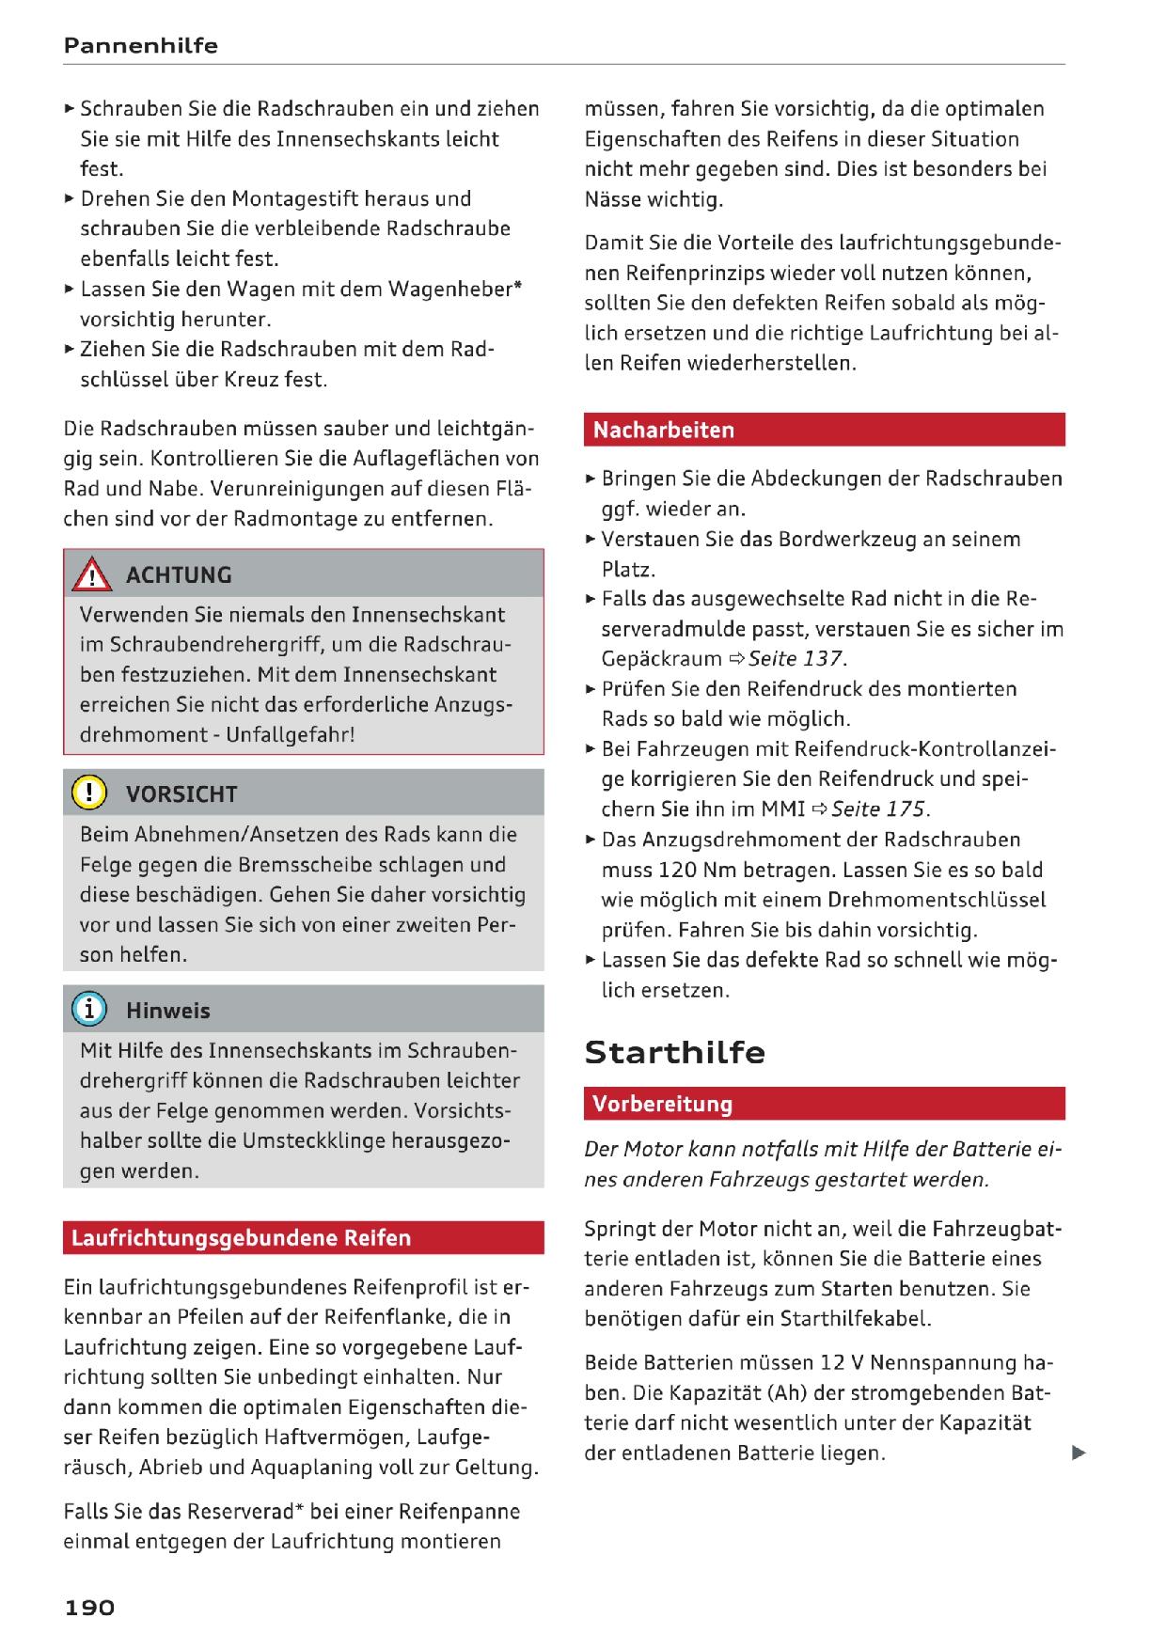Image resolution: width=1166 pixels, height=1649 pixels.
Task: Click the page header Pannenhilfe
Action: (x=141, y=45)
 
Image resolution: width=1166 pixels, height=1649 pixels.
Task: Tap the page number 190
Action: (x=89, y=1607)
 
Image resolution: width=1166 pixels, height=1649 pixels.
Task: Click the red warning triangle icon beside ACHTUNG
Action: (x=93, y=573)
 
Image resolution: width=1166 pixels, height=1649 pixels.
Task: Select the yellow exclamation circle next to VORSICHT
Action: (x=90, y=793)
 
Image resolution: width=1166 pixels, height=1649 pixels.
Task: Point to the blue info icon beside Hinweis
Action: (x=90, y=1010)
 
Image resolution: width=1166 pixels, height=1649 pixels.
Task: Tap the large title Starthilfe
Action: (x=675, y=1052)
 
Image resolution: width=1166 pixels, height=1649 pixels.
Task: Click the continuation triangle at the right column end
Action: (x=1079, y=1453)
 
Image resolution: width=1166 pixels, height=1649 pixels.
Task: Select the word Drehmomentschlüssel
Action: (x=937, y=900)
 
